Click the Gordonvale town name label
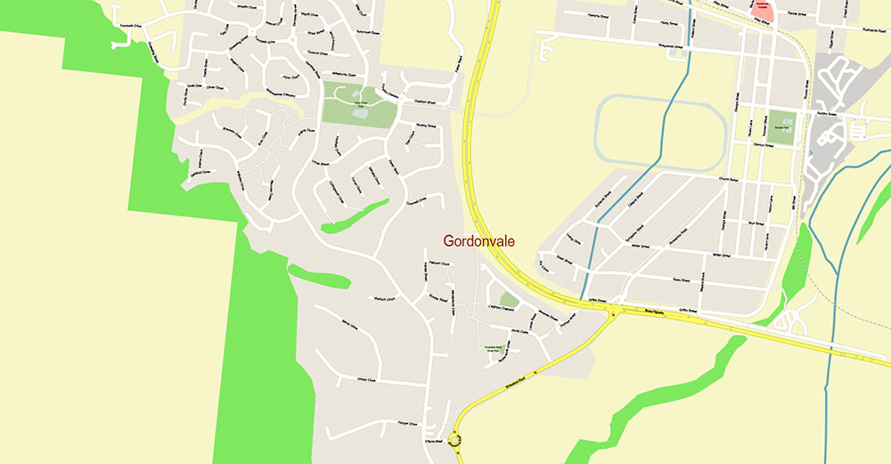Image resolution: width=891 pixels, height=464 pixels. (x=479, y=241)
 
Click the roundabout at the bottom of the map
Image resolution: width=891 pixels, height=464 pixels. (x=456, y=438)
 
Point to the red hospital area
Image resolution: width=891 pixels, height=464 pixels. (x=763, y=10)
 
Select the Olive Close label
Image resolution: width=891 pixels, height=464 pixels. (x=215, y=87)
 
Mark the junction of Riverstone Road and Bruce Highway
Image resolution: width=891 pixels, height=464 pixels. (x=613, y=312)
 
